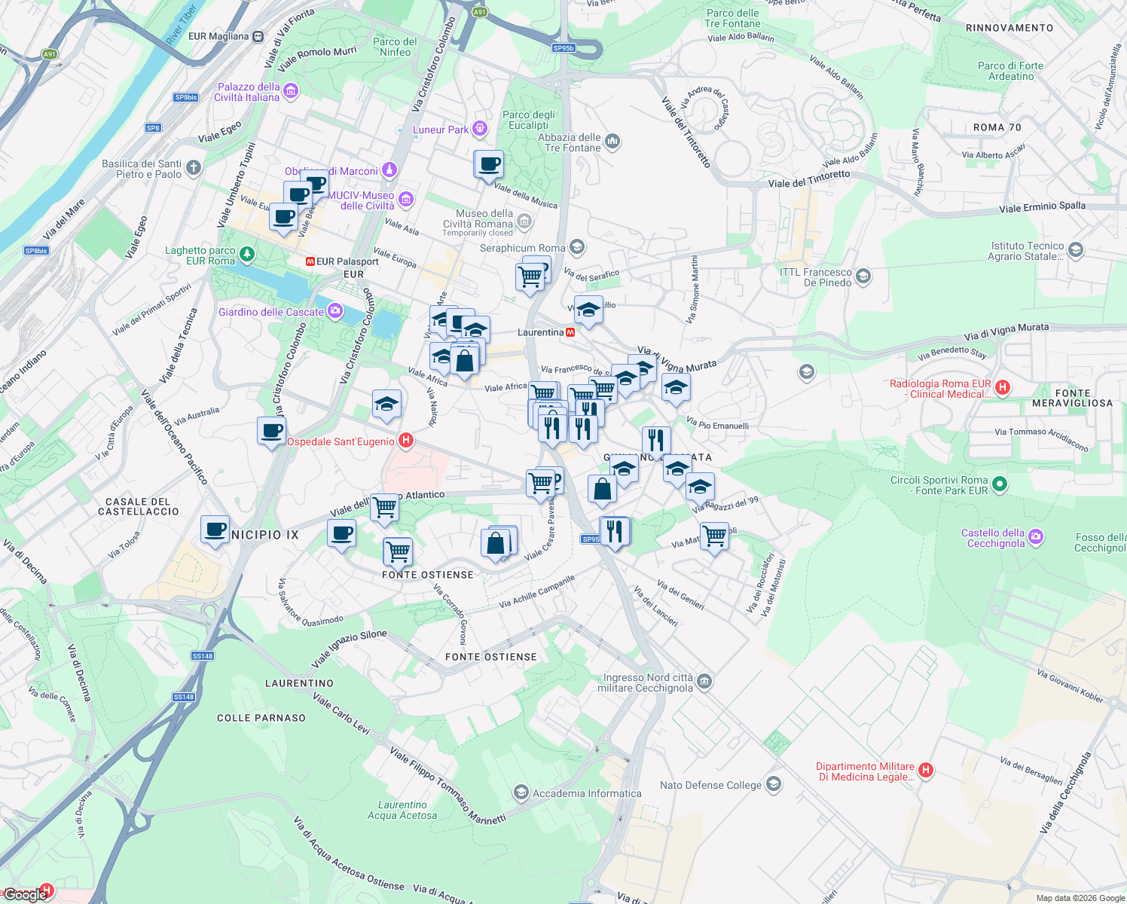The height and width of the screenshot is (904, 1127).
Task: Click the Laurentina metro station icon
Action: [570, 332]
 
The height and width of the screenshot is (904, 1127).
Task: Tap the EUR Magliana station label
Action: [218, 36]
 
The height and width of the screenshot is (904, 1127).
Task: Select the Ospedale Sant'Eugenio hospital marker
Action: [406, 441]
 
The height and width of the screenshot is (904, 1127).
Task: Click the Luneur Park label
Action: [441, 130]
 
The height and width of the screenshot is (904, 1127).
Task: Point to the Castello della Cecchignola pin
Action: [1036, 536]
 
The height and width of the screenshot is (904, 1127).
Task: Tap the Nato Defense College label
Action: [710, 785]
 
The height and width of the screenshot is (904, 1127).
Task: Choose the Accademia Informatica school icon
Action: [521, 793]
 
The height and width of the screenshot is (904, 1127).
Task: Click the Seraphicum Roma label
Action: [522, 248]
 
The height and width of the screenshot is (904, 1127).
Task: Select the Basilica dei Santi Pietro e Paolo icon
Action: [194, 167]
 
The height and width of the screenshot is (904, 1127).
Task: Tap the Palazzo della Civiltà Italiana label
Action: [247, 92]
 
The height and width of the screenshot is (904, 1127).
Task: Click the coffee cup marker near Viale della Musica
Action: [489, 165]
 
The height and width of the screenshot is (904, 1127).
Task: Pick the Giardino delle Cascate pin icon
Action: [335, 311]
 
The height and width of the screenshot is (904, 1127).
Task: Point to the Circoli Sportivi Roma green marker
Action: [1000, 484]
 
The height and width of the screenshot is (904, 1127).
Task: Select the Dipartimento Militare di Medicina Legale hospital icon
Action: [926, 770]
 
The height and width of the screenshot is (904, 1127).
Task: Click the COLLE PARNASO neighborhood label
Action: [261, 718]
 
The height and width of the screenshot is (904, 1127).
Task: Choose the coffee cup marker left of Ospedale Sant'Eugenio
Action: [271, 432]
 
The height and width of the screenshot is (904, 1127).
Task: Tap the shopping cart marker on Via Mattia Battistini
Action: [714, 537]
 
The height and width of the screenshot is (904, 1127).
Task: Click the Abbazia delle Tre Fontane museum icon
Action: [612, 141]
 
